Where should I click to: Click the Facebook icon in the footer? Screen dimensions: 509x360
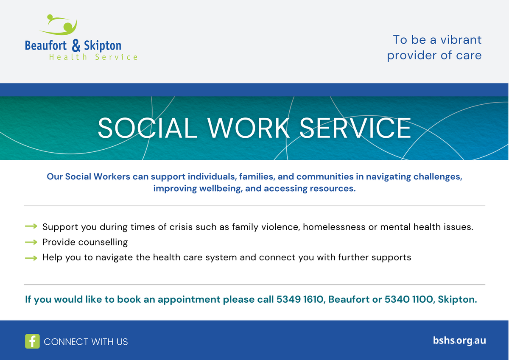tap(32, 341)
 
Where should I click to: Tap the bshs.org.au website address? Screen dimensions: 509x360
tap(459, 340)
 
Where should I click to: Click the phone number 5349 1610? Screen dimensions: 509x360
tap(300, 299)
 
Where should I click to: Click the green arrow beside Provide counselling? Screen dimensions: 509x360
tap(31, 242)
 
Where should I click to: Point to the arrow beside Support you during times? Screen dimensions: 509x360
tap(31, 226)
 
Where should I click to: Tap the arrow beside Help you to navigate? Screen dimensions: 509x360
tap(31, 258)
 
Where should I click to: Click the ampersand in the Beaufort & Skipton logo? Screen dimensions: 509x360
tap(76, 45)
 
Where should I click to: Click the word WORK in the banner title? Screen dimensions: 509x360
tap(249, 128)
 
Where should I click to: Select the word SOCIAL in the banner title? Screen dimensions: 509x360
tap(147, 128)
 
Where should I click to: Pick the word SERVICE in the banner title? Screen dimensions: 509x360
tap(355, 128)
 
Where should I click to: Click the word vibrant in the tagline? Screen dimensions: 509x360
tap(461, 40)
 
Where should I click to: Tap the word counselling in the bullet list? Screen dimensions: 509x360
tap(103, 243)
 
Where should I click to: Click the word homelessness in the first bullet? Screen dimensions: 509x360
tap(334, 227)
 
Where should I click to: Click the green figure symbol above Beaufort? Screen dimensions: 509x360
tap(59, 25)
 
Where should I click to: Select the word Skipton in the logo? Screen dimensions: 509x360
tap(103, 46)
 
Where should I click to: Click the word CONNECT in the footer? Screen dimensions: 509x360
tap(66, 342)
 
